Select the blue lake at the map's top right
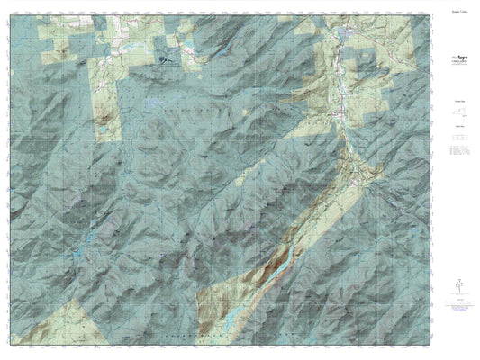(x=344, y=33)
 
